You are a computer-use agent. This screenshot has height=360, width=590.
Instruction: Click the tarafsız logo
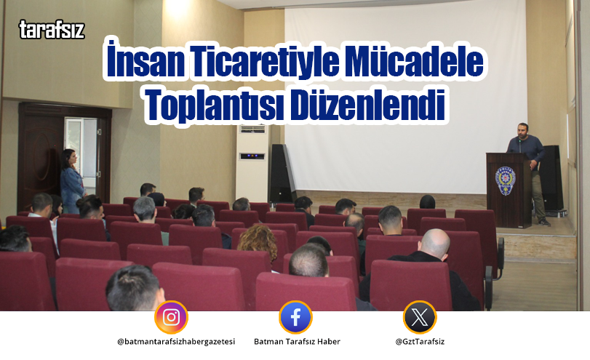click(x=52, y=30)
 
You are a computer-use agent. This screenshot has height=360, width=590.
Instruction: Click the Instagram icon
click(x=171, y=317)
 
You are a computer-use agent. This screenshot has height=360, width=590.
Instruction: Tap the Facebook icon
click(x=295, y=317)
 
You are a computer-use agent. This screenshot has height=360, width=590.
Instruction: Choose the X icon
click(x=420, y=317)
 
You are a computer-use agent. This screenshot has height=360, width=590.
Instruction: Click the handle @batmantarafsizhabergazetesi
click(x=175, y=342)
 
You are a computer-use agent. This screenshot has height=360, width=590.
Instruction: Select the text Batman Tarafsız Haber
click(x=296, y=342)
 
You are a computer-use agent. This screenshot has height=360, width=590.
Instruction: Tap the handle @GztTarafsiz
click(x=420, y=342)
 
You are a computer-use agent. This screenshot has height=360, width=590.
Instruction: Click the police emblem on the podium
click(x=506, y=180)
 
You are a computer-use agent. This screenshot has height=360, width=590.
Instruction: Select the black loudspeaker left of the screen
click(x=279, y=173)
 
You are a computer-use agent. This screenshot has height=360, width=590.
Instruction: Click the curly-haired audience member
click(x=258, y=240)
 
